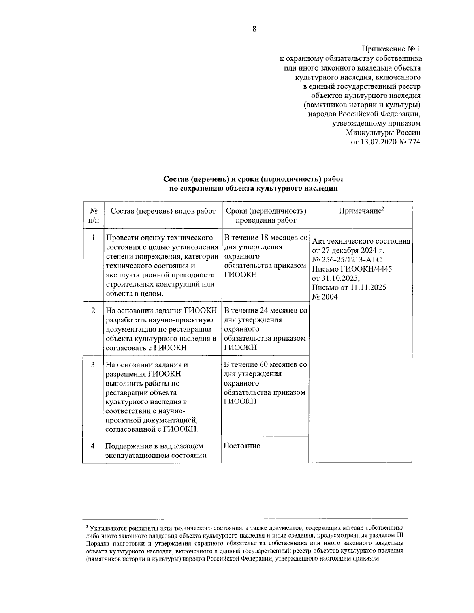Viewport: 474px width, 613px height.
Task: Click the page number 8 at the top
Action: pyautogui.click(x=254, y=28)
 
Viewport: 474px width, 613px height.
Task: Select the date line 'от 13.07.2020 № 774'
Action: pyautogui.click(x=386, y=142)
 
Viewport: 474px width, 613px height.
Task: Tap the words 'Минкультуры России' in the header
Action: pyautogui.click(x=383, y=133)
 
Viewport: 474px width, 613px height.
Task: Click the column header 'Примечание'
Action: pyautogui.click(x=361, y=211)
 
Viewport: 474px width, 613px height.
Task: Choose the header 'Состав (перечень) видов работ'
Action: pyautogui.click(x=163, y=211)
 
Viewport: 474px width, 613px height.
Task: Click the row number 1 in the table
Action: pyautogui.click(x=93, y=238)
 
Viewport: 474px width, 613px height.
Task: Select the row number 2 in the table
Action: pyautogui.click(x=93, y=311)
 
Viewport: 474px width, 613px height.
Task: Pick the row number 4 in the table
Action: pyautogui.click(x=93, y=446)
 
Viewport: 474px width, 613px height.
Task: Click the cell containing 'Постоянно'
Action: pyautogui.click(x=242, y=446)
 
